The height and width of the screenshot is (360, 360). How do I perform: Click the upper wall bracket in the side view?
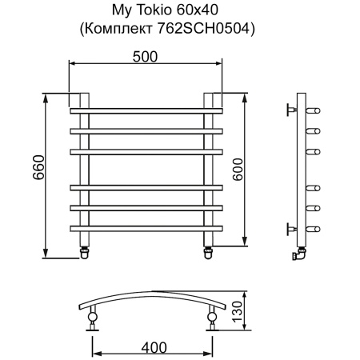[290, 110]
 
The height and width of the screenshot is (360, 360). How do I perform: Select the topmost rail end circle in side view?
[318, 110]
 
